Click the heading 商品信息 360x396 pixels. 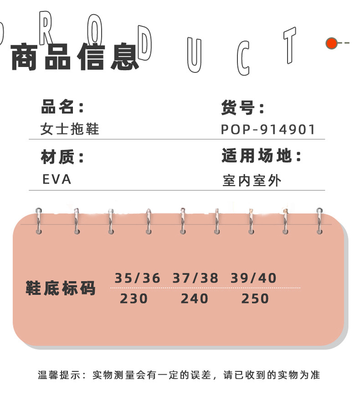[74, 57]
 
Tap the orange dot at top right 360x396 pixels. [331, 43]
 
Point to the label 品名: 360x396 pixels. [62, 108]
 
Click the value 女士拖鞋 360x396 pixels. [70, 129]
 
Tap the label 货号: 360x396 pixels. [243, 108]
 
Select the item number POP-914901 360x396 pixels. [268, 129]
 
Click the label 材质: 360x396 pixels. [62, 157]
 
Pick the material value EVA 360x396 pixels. [57, 179]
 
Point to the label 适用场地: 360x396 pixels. [262, 156]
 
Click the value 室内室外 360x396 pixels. [252, 180]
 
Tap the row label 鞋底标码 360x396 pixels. [61, 288]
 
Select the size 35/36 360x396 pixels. [137, 278]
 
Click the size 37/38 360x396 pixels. [195, 278]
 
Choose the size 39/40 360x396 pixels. [253, 278]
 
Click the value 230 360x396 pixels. [134, 299]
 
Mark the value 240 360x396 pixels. [195, 299]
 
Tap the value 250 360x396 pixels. [255, 299]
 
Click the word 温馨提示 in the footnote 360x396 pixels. [56, 375]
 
